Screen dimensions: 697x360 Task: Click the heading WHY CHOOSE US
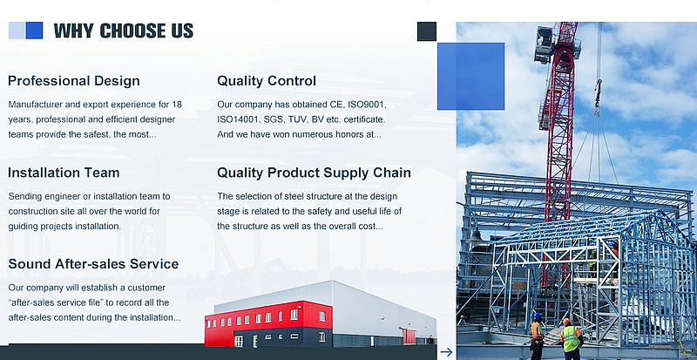click(124, 31)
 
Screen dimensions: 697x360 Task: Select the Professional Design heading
click(74, 81)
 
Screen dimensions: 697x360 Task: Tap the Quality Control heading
click(267, 81)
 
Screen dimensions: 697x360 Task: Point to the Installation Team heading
click(64, 173)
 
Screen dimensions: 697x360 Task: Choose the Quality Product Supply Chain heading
click(314, 173)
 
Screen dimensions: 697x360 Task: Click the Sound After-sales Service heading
click(93, 264)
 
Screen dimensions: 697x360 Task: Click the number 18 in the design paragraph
click(177, 105)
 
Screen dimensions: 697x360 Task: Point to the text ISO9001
click(367, 105)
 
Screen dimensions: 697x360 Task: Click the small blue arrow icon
click(446, 352)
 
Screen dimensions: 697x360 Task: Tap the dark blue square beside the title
click(34, 31)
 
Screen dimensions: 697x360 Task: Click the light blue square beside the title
click(17, 31)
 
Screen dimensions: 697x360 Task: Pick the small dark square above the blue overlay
click(427, 31)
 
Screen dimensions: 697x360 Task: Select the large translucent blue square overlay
click(470, 76)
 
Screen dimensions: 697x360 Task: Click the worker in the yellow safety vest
click(571, 339)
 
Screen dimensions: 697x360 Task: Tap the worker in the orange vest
click(537, 336)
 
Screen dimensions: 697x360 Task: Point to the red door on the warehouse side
click(409, 336)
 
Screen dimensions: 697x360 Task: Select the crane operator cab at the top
click(543, 44)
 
